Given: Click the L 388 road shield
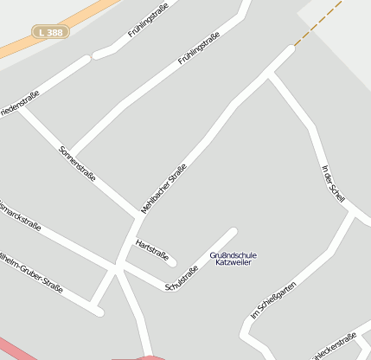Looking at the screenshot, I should (50, 31).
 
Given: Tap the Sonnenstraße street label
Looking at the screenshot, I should (77, 163).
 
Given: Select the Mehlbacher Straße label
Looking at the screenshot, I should (163, 189).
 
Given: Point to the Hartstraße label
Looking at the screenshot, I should (151, 248).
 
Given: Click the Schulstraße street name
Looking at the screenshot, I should (181, 280).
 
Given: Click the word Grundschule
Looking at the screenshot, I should (233, 255).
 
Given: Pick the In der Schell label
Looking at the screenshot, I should (333, 183).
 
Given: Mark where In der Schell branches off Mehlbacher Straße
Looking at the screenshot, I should (270, 75).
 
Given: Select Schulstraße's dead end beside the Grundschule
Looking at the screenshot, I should (233, 231).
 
